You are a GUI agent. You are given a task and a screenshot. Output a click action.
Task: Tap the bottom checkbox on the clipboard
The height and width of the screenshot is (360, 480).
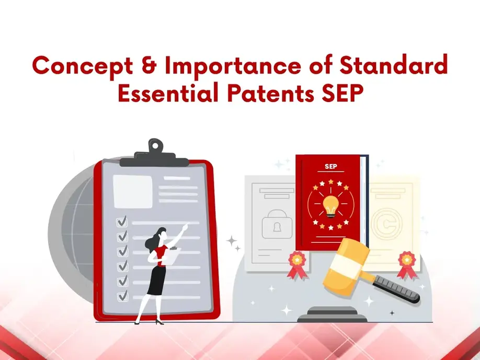(x=123, y=296)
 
